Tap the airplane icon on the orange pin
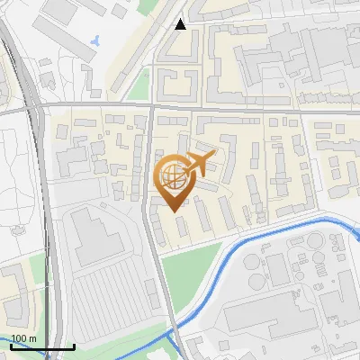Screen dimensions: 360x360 pos(199,165)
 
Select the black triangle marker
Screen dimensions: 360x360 pos(181,24)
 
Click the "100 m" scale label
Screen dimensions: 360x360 pos(23,338)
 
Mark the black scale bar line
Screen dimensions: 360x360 pos(42,346)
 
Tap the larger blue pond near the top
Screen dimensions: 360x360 pos(96,40)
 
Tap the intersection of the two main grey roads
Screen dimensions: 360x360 pos(151,106)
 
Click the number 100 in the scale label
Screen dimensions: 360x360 pos(19,338)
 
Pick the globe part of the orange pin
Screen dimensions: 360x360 pos(171,176)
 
